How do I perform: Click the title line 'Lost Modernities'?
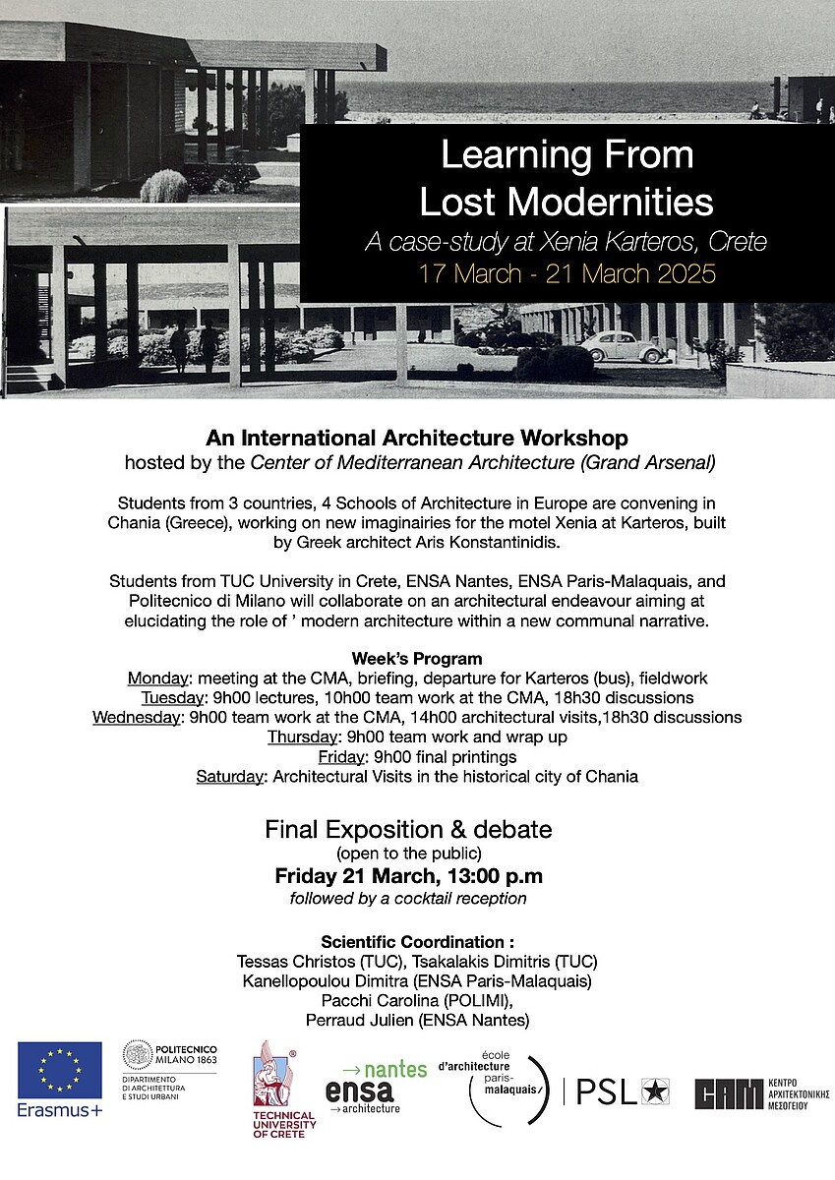point(566,201)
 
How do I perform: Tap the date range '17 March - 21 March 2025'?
point(567,272)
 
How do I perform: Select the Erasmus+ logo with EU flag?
point(60,1079)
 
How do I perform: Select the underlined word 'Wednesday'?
point(137,717)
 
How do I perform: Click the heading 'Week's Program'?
point(417,659)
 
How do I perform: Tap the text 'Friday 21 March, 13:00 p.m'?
point(408,875)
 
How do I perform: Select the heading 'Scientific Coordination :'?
point(417,942)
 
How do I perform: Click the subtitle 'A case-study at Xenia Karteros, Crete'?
point(566,241)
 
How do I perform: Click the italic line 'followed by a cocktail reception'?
point(408,898)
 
